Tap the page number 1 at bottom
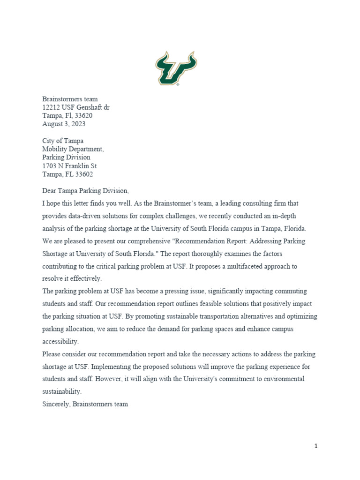click(x=316, y=446)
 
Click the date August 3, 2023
click(x=64, y=124)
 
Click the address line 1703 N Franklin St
click(x=69, y=166)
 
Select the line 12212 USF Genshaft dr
click(x=76, y=107)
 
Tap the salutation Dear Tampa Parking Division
click(x=85, y=191)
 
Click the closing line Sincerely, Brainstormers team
click(x=85, y=404)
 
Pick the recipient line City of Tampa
click(x=63, y=141)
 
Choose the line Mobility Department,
click(x=73, y=149)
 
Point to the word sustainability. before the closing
click(x=62, y=391)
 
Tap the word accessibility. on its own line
click(x=60, y=341)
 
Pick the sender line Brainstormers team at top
click(x=70, y=99)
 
